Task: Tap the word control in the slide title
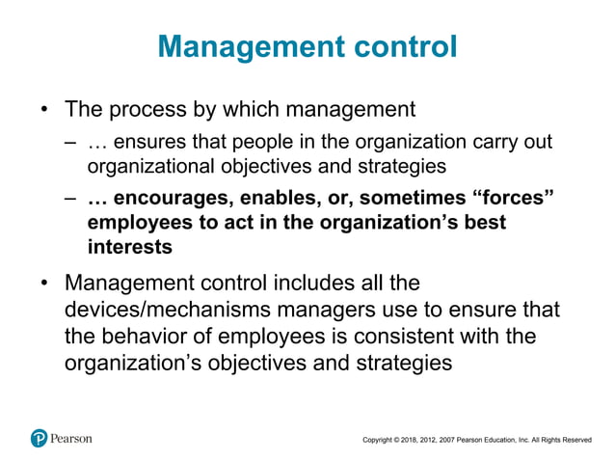click(x=401, y=46)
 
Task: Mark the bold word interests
click(x=129, y=246)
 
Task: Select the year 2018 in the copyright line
click(x=419, y=440)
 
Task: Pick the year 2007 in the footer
click(x=465, y=440)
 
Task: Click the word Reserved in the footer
click(x=575, y=440)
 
